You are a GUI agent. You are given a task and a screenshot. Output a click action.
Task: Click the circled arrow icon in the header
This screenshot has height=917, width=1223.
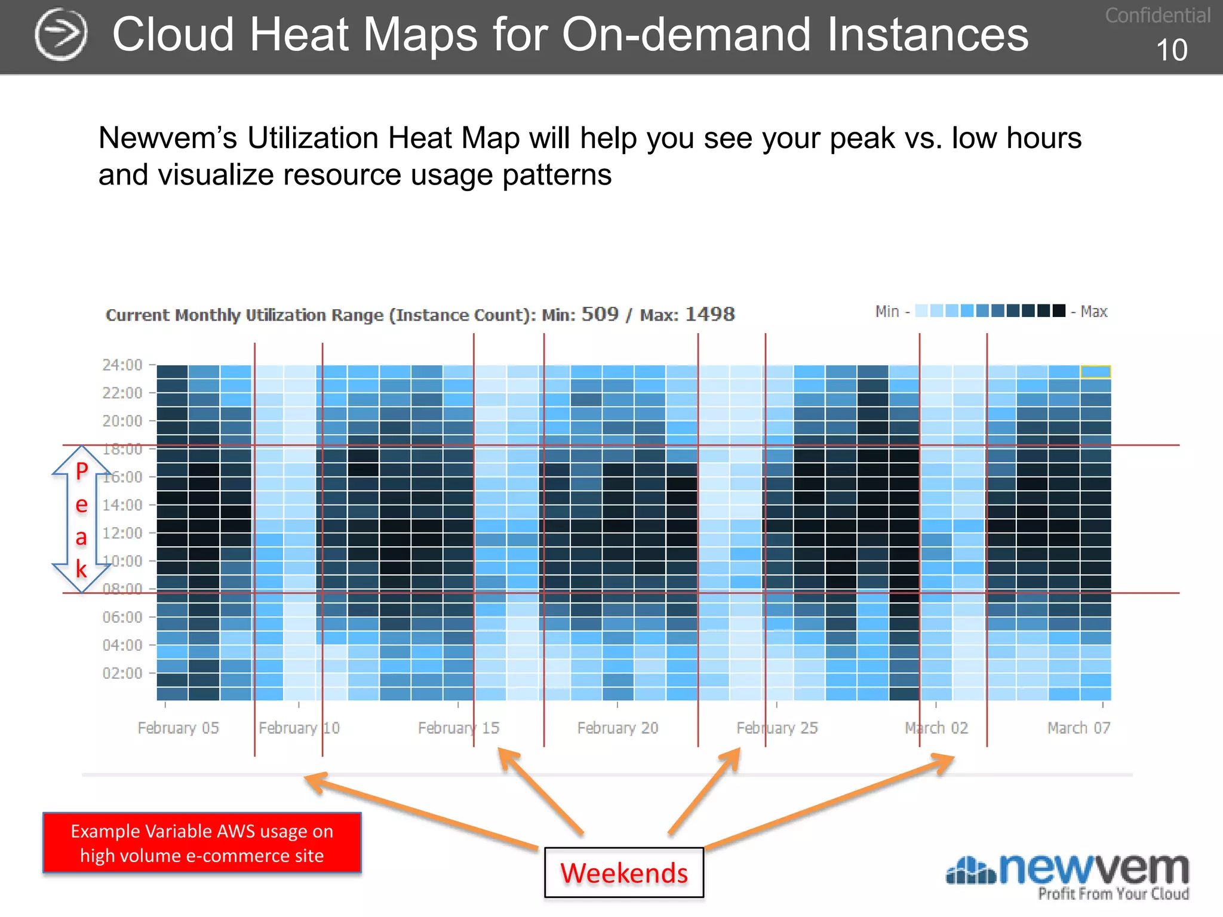tap(61, 35)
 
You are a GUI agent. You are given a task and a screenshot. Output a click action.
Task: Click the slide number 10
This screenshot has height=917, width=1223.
tap(1171, 50)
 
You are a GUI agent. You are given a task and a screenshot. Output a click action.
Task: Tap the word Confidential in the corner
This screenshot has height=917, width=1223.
tap(1157, 16)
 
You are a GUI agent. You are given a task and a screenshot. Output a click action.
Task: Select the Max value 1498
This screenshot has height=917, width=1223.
tap(709, 314)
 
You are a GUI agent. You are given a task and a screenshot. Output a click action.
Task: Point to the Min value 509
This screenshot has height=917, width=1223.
tap(600, 314)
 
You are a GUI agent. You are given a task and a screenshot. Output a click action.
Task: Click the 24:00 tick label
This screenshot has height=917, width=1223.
tap(122, 365)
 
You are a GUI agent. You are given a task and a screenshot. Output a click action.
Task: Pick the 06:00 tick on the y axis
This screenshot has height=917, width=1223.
tap(122, 617)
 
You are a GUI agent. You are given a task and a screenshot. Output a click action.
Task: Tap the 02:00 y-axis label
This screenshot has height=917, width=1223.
tap(122, 673)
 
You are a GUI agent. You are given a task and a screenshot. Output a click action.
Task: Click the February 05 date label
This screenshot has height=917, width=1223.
tap(178, 728)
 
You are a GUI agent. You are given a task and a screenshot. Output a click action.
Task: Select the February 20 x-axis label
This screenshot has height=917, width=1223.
tap(617, 728)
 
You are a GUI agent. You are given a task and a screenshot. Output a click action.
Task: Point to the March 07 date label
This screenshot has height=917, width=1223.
tap(1078, 728)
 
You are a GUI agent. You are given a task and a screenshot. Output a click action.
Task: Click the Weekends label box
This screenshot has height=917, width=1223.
tap(623, 872)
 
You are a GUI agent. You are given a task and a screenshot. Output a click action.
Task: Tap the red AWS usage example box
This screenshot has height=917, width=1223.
tap(202, 842)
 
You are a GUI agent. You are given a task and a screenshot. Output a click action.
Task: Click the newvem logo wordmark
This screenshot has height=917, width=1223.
tap(1093, 869)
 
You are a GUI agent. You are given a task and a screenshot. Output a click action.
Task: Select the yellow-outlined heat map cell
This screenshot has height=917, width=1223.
tap(1095, 371)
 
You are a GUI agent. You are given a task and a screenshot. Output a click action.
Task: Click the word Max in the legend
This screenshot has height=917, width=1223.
tap(1093, 312)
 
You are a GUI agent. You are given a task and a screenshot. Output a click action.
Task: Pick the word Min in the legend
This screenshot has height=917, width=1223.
tap(887, 312)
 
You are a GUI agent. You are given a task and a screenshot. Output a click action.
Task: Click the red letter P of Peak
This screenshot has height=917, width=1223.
tap(82, 471)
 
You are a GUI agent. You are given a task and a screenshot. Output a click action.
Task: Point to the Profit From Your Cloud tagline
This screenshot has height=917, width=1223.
tap(1113, 894)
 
